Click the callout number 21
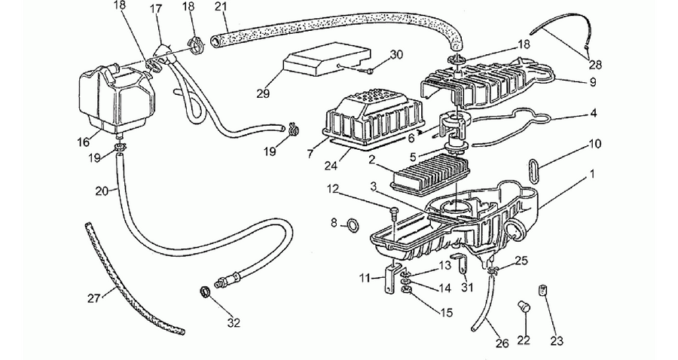(x=221, y=8)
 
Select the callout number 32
(x=234, y=322)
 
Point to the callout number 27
(x=94, y=297)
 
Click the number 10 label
(x=595, y=144)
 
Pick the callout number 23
(x=557, y=340)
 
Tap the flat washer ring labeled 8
(x=353, y=224)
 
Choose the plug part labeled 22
(x=524, y=307)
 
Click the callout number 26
(x=502, y=343)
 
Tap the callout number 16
(x=83, y=142)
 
